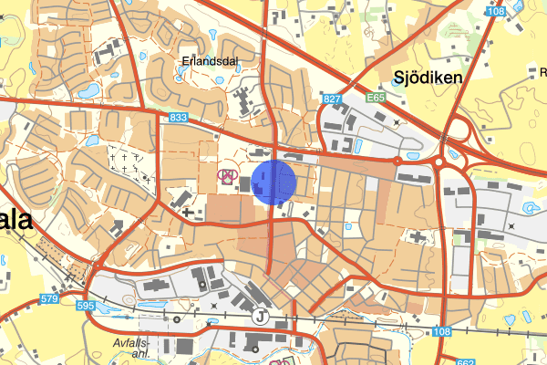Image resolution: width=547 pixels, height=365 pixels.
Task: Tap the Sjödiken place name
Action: pos(428,78)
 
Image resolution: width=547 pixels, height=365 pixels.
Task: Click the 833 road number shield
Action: pos(178,118)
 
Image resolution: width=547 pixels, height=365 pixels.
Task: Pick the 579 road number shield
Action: pos(49,298)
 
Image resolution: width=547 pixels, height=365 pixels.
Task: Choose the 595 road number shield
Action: pos(87,306)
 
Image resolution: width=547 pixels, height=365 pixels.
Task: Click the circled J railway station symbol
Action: pos(261,317)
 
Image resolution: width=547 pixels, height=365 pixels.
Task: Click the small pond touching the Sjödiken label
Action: pos(395,81)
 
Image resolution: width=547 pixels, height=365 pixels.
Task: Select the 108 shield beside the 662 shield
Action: pos(442,331)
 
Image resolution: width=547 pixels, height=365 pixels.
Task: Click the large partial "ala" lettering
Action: pos(15,220)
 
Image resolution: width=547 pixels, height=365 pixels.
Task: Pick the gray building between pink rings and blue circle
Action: pos(244,184)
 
